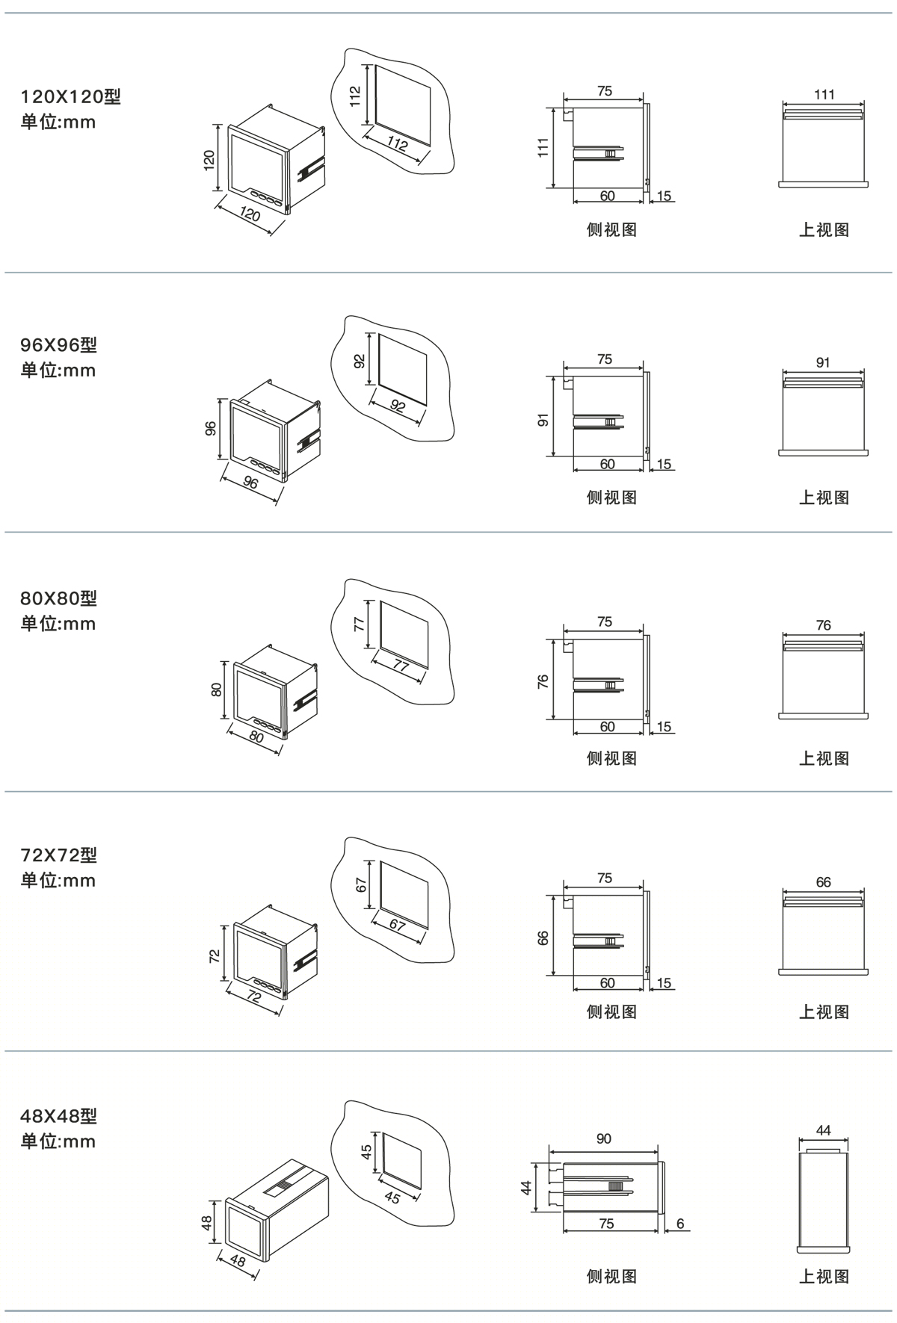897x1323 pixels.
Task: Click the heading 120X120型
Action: pos(70,96)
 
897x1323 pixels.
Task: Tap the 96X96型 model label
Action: pos(58,345)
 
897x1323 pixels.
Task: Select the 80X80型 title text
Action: pos(58,598)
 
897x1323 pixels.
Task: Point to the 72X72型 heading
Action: pos(58,855)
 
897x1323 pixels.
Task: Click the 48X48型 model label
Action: pos(58,1116)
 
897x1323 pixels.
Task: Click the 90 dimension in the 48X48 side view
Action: pos(604,1138)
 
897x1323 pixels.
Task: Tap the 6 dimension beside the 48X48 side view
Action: pos(680,1224)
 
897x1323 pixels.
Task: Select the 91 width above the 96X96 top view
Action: pos(823,362)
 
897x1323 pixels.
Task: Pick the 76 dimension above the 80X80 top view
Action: pos(823,625)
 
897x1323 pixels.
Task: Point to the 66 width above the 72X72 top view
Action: pos(823,882)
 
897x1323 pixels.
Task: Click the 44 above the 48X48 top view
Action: pos(823,1130)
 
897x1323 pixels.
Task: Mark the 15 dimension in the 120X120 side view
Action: pos(664,196)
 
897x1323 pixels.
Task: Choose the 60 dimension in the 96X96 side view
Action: pos(607,464)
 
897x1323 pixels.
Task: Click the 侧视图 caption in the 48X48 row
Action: pos(611,1276)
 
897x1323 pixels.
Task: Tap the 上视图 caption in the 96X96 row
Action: pos(824,498)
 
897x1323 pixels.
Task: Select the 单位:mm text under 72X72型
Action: pos(58,880)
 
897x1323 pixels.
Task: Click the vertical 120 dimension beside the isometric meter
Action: pos(209,160)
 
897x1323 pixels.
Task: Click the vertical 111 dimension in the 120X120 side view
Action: pos(543,147)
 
